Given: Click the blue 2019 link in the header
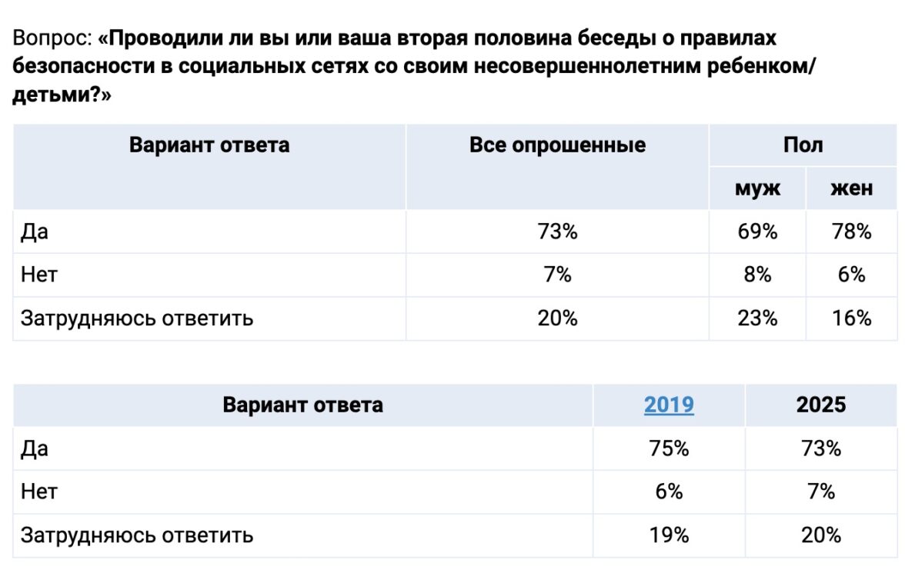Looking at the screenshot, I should tap(669, 405).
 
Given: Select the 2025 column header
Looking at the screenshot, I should tap(820, 405).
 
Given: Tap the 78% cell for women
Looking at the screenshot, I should tap(851, 232).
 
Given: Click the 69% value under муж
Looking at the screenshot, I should tap(757, 232).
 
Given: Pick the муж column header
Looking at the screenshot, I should tap(757, 188).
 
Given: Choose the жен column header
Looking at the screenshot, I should tap(851, 188).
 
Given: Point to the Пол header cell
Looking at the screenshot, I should tap(803, 145).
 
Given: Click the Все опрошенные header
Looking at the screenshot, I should tap(557, 145).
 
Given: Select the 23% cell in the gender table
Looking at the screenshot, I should tap(757, 318).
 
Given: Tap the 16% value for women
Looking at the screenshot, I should tap(851, 318).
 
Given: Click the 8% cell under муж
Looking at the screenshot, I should tap(757, 275).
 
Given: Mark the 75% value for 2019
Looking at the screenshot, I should tap(669, 448).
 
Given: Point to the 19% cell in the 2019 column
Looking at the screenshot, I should tap(669, 535).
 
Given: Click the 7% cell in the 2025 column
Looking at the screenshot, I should tap(820, 492).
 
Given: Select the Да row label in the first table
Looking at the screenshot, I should tap(35, 232).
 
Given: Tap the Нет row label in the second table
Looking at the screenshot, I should tap(39, 492).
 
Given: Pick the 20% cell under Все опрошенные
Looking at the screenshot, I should tap(557, 318).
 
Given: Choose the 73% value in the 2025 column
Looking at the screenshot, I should tap(820, 448).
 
